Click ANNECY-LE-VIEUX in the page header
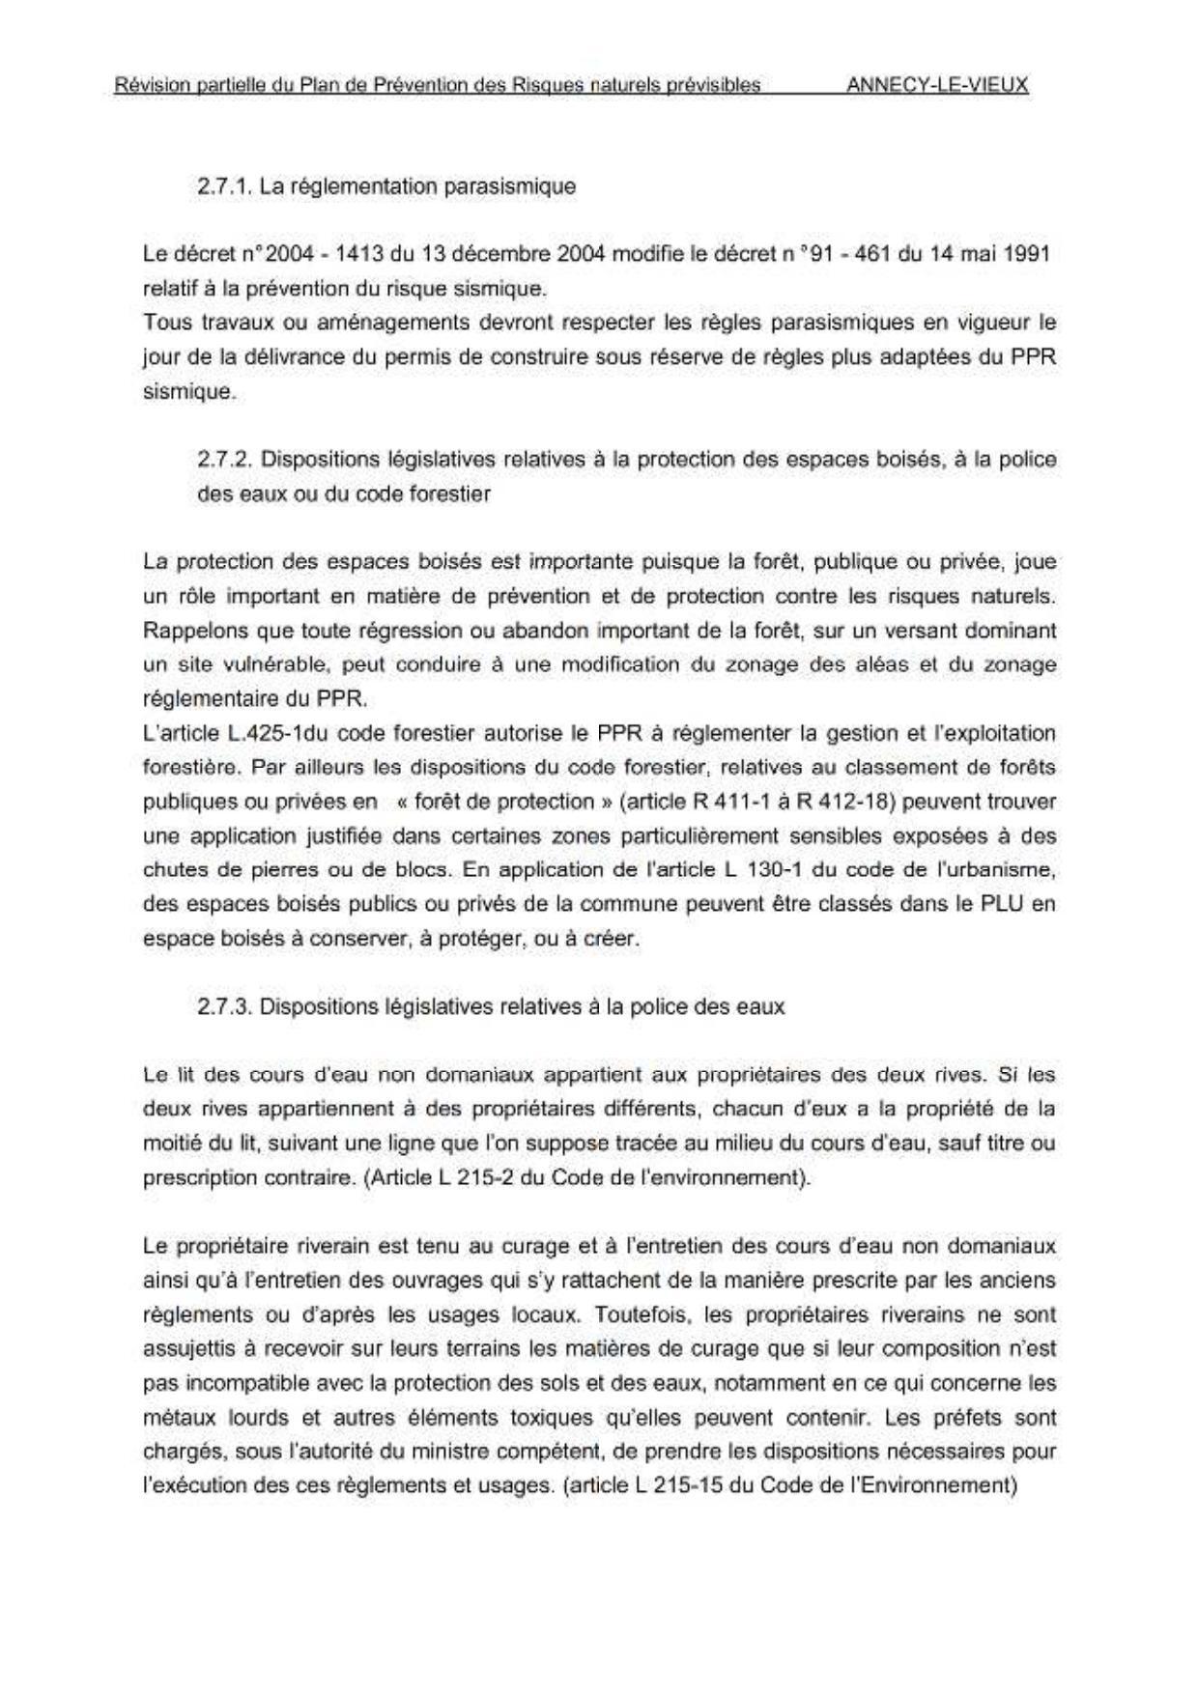936,85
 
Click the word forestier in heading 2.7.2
447,494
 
